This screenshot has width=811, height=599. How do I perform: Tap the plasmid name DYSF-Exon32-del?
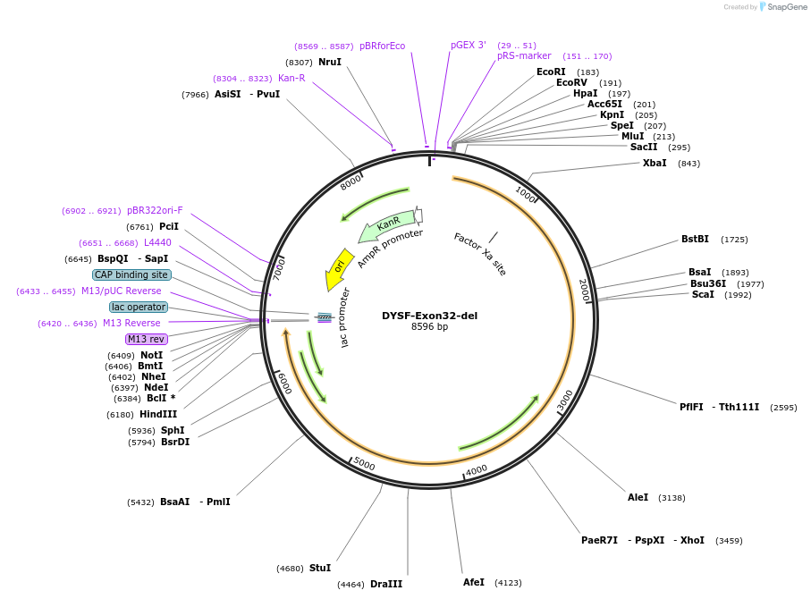click(x=429, y=316)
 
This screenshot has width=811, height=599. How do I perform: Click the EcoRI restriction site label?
click(x=551, y=72)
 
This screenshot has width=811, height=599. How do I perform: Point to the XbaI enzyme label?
click(x=654, y=163)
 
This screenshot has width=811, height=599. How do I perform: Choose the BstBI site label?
click(x=695, y=239)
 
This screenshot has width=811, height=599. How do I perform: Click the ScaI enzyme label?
click(x=702, y=294)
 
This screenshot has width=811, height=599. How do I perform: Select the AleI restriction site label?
click(x=638, y=497)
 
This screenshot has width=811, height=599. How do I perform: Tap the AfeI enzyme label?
click(x=474, y=582)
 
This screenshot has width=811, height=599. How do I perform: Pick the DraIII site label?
click(x=386, y=584)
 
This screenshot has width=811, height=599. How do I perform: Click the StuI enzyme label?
click(x=320, y=568)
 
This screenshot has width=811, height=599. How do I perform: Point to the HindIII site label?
click(x=158, y=414)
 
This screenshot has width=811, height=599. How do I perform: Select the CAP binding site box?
click(x=131, y=274)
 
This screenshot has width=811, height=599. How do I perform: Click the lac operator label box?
click(x=139, y=307)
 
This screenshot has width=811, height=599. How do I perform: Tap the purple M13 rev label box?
click(x=146, y=339)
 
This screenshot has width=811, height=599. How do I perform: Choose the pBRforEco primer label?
click(x=382, y=46)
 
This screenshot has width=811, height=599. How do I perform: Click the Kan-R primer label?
click(x=291, y=78)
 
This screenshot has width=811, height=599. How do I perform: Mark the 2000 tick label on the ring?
click(x=582, y=289)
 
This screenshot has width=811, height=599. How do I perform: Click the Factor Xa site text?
click(x=479, y=254)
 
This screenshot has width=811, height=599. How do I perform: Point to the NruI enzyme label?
click(x=330, y=62)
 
